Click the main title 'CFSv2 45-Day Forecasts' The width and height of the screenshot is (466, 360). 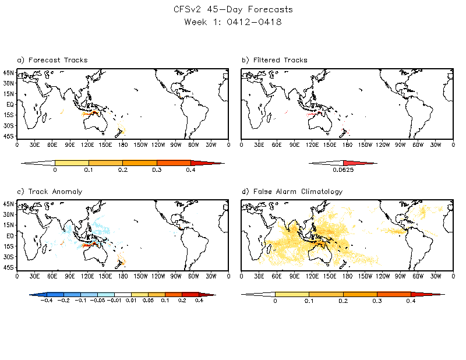point(233,9)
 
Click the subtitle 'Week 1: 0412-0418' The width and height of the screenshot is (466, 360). point(233,22)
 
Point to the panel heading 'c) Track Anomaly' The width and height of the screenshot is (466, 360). point(41,192)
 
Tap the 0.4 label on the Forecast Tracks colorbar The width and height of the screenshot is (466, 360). point(190,171)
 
